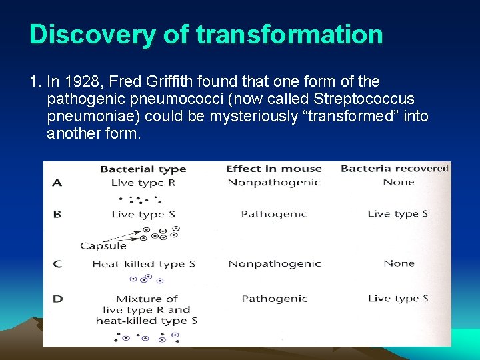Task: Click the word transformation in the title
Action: coord(289,35)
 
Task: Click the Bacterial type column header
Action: coord(143,169)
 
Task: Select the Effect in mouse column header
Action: coord(273,169)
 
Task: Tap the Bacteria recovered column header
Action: coord(394,169)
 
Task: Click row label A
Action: coord(58,183)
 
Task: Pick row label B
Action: coord(58,214)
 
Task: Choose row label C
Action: coord(58,264)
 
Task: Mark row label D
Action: coord(58,299)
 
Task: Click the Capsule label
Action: coord(103,246)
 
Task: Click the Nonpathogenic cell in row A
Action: coord(274,183)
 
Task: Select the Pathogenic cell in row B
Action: coord(274,214)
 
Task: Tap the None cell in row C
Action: coord(399,263)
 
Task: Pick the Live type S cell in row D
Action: coord(398,299)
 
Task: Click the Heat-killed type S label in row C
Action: coord(143,264)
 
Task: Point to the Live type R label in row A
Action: coord(143,183)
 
